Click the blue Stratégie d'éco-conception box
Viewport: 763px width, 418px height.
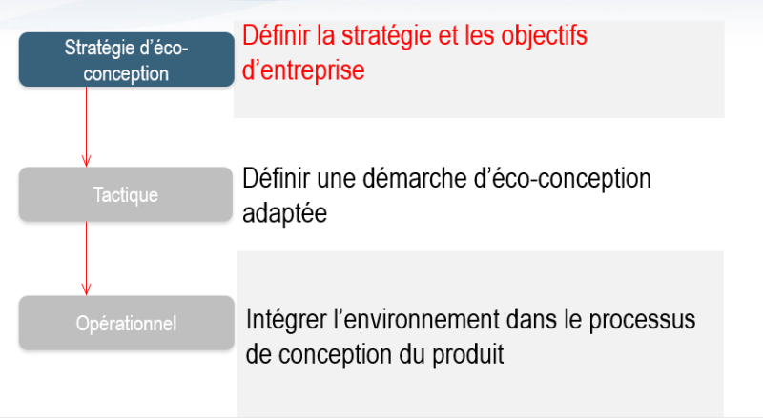point(126,59)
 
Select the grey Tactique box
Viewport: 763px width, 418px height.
point(126,195)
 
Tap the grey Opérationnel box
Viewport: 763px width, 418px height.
point(126,323)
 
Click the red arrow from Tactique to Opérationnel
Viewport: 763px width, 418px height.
point(87,257)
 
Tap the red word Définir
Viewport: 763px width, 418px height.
point(274,36)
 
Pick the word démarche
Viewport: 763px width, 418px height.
point(374,178)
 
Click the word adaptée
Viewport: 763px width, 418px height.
point(285,213)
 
